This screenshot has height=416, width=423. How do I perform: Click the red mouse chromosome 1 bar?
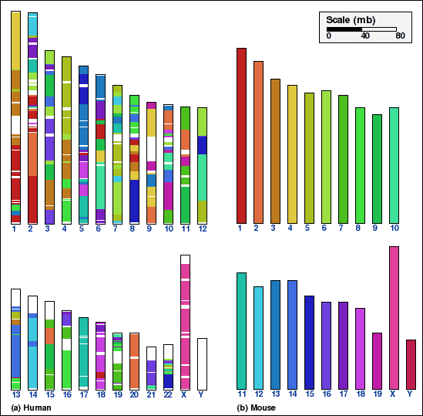coord(241,136)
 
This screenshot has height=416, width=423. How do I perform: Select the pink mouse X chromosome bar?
coord(394,318)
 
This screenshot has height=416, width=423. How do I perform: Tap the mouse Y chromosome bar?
coord(411,364)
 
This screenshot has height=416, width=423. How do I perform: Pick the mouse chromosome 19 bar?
coord(377,361)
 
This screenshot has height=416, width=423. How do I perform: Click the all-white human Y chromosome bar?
coord(202,364)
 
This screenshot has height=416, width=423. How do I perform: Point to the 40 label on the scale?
coord(365,36)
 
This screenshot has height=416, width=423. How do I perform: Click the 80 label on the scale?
coord(400,36)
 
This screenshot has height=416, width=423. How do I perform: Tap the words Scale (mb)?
coord(351,20)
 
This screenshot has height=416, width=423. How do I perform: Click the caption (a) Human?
coord(31,408)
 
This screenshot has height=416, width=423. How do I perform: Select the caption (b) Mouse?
coord(257,408)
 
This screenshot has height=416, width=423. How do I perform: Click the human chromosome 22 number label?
coord(168,395)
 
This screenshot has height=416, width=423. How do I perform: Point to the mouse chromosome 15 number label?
coord(310,394)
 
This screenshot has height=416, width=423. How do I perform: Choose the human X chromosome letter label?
coord(184,395)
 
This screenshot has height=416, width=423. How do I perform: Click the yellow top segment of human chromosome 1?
coord(15,41)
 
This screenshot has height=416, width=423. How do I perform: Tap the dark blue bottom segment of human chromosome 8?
coord(134,201)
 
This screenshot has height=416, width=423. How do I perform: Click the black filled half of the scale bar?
coord(344,29)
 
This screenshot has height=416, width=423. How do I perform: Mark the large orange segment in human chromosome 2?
coord(32,154)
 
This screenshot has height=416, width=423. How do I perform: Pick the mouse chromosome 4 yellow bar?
coord(292,154)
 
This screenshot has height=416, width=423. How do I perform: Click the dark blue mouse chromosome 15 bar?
coord(309,343)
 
